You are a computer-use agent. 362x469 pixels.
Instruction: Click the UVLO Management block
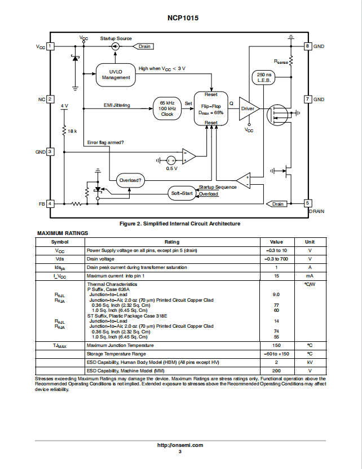(x=116, y=75)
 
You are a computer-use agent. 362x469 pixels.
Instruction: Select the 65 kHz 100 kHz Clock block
(x=167, y=108)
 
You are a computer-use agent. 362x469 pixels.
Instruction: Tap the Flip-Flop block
(x=211, y=108)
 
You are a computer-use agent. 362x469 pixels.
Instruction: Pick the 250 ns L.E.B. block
(x=263, y=77)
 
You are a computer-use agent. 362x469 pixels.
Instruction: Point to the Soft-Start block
(x=182, y=193)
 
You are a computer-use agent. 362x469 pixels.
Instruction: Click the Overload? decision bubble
(x=130, y=180)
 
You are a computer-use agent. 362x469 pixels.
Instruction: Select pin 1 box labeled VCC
(x=50, y=46)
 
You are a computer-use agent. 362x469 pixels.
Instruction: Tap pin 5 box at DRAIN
(x=308, y=203)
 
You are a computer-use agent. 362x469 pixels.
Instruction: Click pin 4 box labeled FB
(x=50, y=203)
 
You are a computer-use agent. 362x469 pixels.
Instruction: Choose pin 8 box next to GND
(x=308, y=46)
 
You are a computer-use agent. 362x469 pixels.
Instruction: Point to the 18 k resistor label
(x=72, y=131)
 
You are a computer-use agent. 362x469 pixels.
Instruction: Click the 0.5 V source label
(x=171, y=168)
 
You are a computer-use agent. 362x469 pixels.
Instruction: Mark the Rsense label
(x=281, y=62)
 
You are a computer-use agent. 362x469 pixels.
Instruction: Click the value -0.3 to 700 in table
(x=276, y=259)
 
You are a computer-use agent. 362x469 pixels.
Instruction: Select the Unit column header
(x=310, y=242)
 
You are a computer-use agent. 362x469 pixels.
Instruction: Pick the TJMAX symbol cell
(x=60, y=345)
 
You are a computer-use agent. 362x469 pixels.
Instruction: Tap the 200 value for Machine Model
(x=276, y=371)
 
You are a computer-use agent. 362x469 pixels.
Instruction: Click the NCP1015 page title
(x=183, y=18)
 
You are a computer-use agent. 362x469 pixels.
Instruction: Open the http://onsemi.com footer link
(x=180, y=445)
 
